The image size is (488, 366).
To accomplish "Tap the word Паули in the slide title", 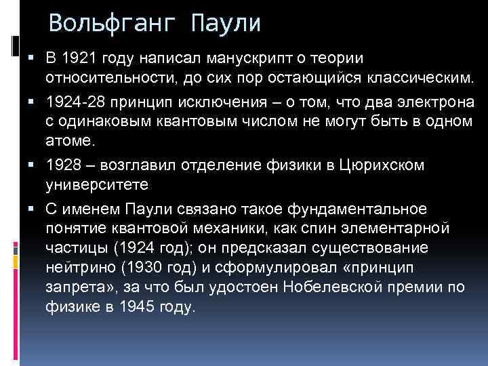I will tap(226, 24).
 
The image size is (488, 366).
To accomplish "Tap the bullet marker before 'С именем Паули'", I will tap(32, 207).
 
